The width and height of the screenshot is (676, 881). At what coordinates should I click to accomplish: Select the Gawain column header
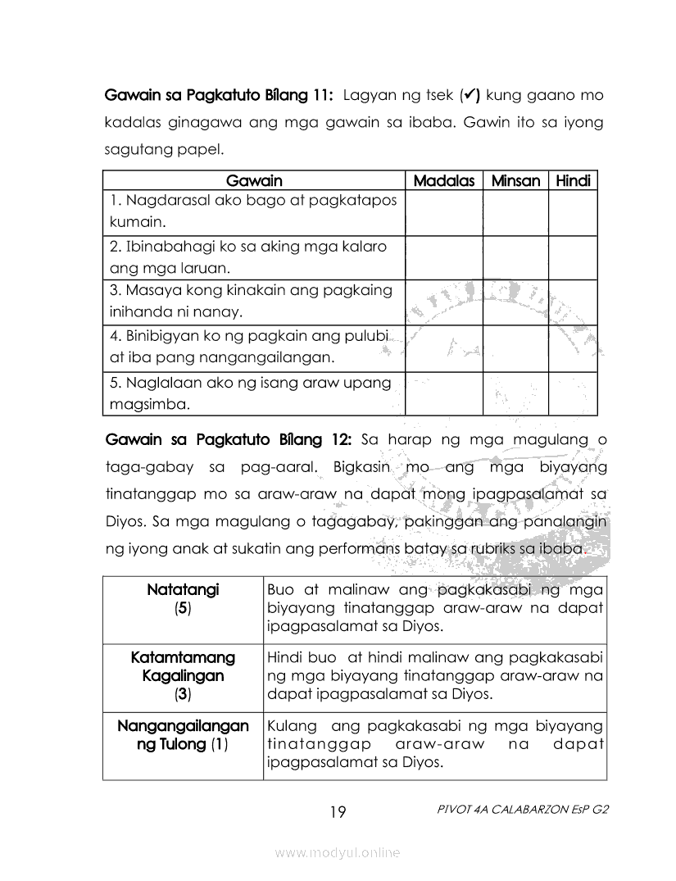point(253,180)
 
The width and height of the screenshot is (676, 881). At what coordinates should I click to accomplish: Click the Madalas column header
point(443,180)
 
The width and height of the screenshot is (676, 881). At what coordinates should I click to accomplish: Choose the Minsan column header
point(515,180)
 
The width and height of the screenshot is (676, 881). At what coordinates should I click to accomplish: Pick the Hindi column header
point(573,180)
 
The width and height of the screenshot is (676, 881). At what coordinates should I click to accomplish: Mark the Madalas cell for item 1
point(443,212)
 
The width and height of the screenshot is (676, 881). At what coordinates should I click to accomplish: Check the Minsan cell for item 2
point(515,257)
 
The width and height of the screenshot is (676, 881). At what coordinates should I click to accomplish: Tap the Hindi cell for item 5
point(573,394)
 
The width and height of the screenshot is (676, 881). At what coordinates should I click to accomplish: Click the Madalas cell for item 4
point(443,348)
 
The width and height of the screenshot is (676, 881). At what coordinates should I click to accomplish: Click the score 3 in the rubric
point(183,695)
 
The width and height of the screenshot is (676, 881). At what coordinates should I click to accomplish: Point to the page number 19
point(338,812)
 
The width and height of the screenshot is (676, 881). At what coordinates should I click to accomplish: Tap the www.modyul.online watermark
point(338,853)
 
